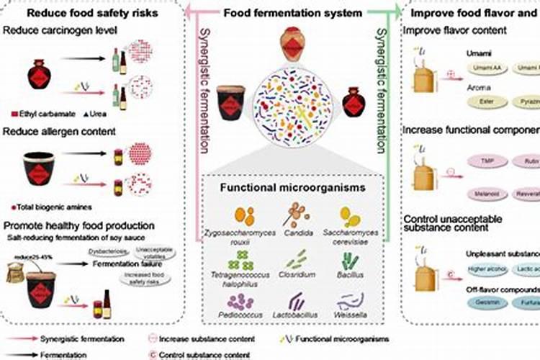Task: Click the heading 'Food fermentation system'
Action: (x=292, y=13)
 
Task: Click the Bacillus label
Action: (x=350, y=275)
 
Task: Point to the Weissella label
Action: (x=350, y=315)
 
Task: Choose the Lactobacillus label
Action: (x=294, y=315)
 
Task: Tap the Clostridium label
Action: (x=294, y=275)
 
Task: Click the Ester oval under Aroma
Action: (x=485, y=102)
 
